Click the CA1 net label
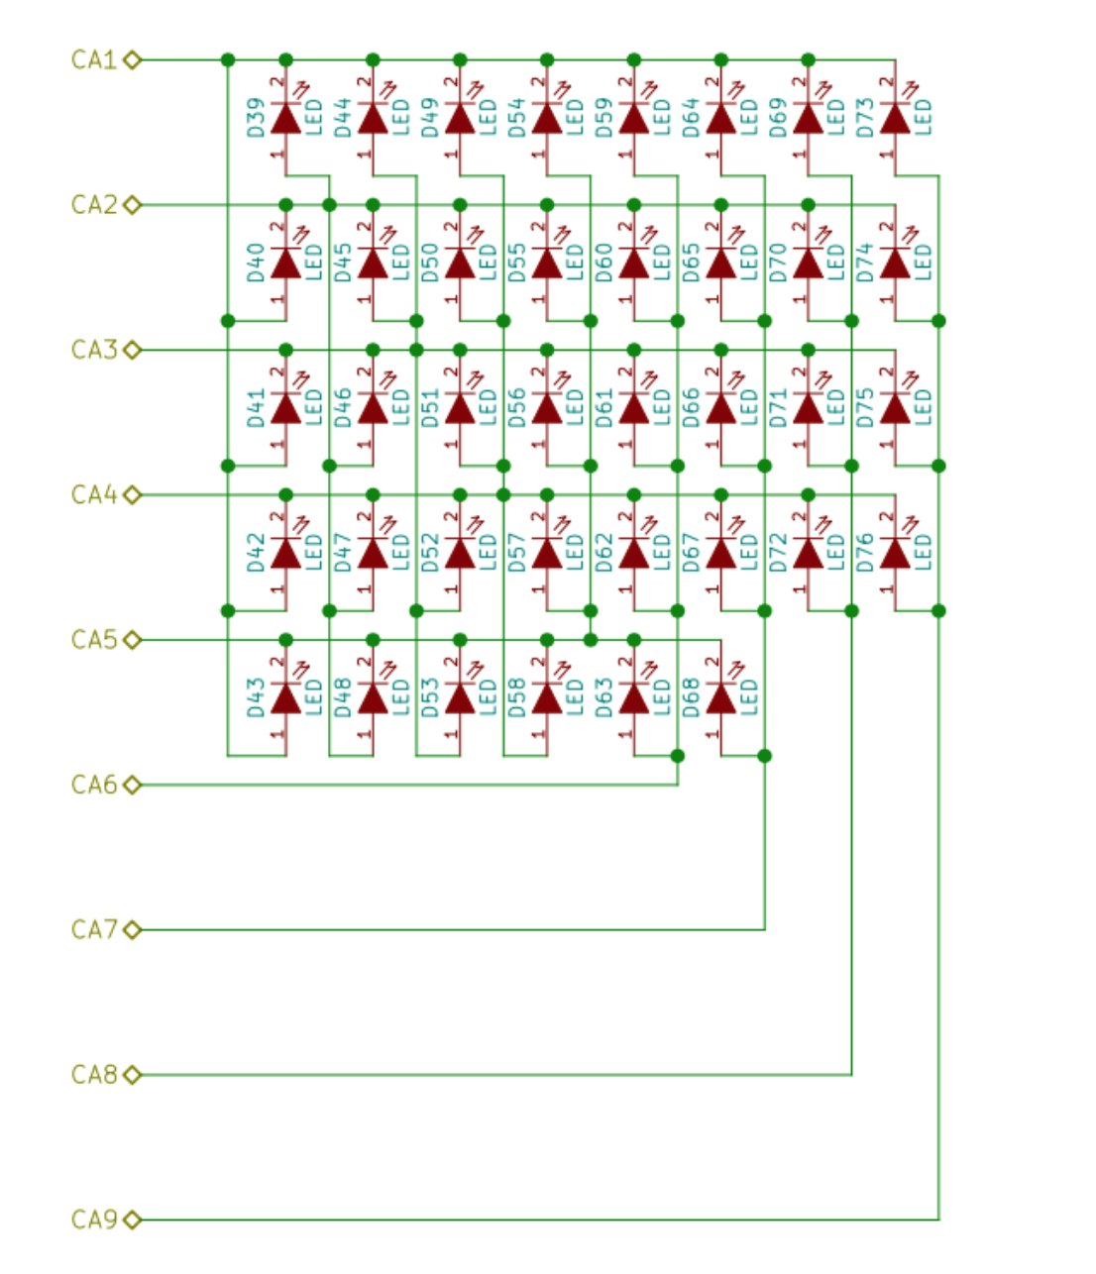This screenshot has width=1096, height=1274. click(94, 60)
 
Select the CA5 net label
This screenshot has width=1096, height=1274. click(94, 640)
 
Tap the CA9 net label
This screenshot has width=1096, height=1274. click(94, 1220)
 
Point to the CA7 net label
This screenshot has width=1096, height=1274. click(94, 930)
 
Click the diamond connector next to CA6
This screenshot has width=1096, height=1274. click(133, 786)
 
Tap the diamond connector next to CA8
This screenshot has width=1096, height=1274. click(133, 1075)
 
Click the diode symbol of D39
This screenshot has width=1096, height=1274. click(285, 119)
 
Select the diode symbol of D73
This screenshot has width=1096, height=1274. click(895, 119)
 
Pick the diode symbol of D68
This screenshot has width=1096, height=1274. click(720, 698)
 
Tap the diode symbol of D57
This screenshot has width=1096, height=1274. click(546, 554)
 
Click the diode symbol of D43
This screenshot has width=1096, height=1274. click(285, 698)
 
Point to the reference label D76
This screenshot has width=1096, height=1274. click(865, 553)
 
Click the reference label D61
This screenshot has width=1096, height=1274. click(603, 408)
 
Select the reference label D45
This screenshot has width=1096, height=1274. click(343, 264)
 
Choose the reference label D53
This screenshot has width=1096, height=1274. click(429, 698)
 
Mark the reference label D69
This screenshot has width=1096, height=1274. click(778, 118)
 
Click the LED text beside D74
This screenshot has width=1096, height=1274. click(923, 264)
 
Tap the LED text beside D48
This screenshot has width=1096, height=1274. click(400, 698)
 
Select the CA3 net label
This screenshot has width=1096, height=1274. click(94, 350)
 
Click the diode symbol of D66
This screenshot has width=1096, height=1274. click(720, 408)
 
